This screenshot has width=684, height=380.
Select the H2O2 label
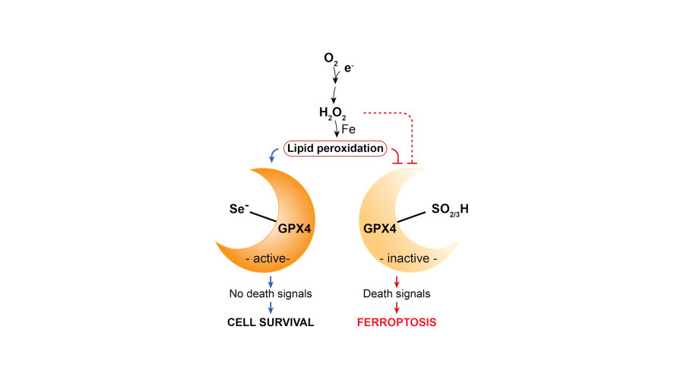coord(333,114)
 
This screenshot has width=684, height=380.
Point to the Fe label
coord(347,129)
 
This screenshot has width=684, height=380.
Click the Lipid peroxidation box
coord(334,148)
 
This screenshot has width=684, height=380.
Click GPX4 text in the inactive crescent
coord(379,226)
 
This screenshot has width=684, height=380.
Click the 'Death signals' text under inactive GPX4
coord(396,293)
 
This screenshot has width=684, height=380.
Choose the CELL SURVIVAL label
coord(271,322)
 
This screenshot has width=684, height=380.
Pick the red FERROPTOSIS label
coord(396,322)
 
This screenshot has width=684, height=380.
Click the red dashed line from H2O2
coord(388,113)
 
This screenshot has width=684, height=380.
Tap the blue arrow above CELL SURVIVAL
coord(271,308)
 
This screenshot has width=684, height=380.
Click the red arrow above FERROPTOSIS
coord(396,308)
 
